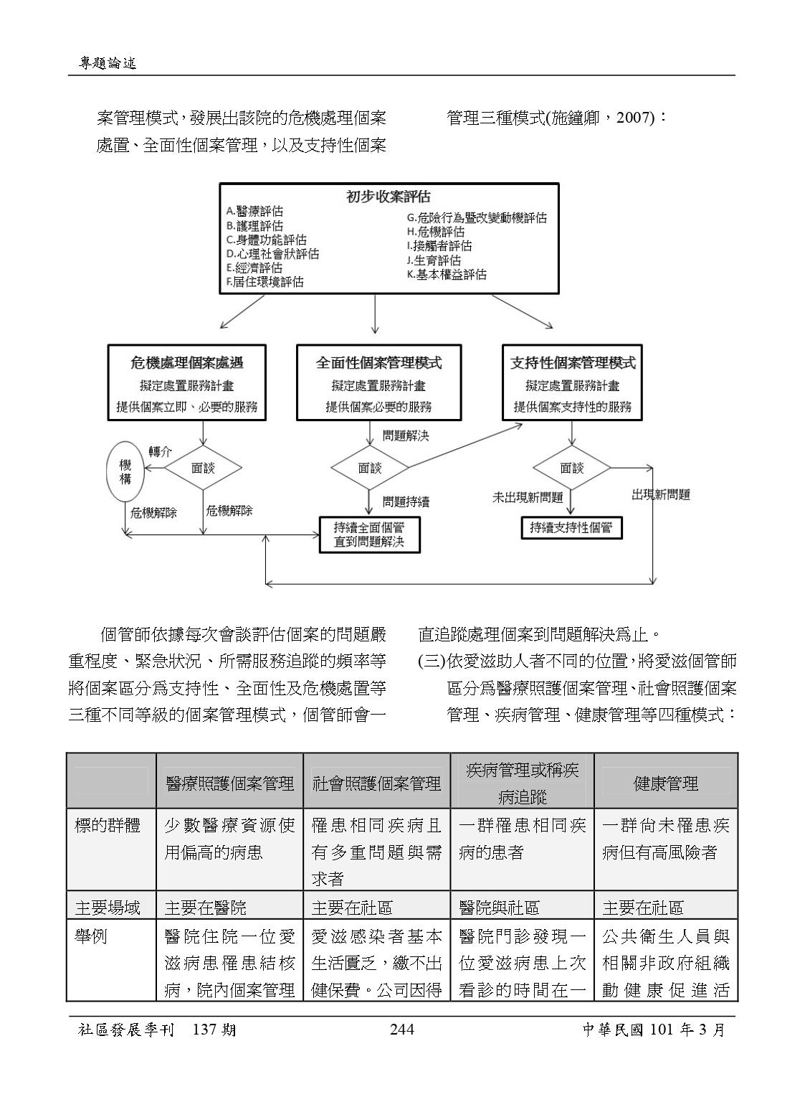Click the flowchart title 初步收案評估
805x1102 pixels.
pos(389,197)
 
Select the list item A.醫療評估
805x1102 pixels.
pos(254,211)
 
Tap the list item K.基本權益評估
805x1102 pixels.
pos(447,274)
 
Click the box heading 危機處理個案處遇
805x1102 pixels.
pos(186,363)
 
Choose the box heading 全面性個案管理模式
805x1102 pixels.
pos(378,363)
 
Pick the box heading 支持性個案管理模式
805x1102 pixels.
pos(572,363)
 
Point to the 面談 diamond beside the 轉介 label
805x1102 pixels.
pos(203,468)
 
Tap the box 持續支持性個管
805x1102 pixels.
pos(571,527)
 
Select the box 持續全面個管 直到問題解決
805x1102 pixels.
pos(368,534)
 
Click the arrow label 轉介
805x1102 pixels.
pos(160,451)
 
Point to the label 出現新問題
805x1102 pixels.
pos(660,495)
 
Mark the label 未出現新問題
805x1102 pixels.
pos(528,497)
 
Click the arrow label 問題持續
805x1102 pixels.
pos(406,501)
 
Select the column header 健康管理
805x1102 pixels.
pos(665,783)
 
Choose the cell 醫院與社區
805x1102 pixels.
pos(499,908)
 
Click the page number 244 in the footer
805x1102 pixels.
pos(401,1030)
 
